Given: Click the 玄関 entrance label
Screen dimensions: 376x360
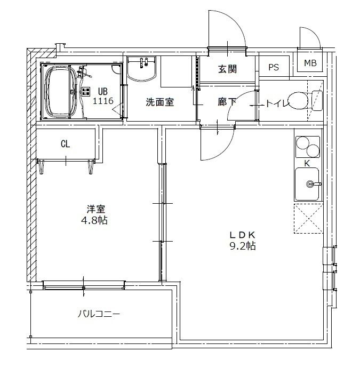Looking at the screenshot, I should click(227, 69).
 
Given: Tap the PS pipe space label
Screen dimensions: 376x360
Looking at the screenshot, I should click(274, 68).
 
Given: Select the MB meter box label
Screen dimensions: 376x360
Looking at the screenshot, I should click(310, 63).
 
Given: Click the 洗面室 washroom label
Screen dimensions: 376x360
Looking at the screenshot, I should click(160, 102).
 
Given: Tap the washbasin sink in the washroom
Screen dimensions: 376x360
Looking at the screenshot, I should click(141, 68).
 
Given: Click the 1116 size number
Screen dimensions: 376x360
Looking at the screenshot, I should click(103, 100).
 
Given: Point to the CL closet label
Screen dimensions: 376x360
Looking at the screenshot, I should click(66, 143).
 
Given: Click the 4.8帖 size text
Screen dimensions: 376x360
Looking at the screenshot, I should click(96, 220).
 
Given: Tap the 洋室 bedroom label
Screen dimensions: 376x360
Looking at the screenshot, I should click(96, 209).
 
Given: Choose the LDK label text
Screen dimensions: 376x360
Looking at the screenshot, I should click(243, 235).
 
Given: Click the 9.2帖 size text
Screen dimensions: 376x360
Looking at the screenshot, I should click(243, 246).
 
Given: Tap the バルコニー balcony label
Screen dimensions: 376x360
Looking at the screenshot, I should click(99, 314).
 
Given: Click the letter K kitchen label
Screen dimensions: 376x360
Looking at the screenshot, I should click(307, 163).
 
